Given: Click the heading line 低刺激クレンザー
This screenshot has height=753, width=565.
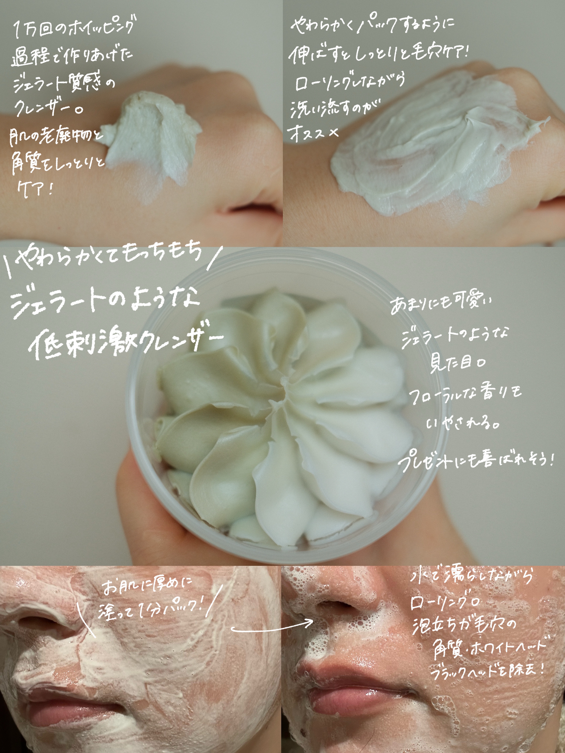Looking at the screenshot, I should [x=126, y=342].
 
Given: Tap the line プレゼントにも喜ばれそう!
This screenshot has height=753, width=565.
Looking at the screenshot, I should [x=477, y=461].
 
